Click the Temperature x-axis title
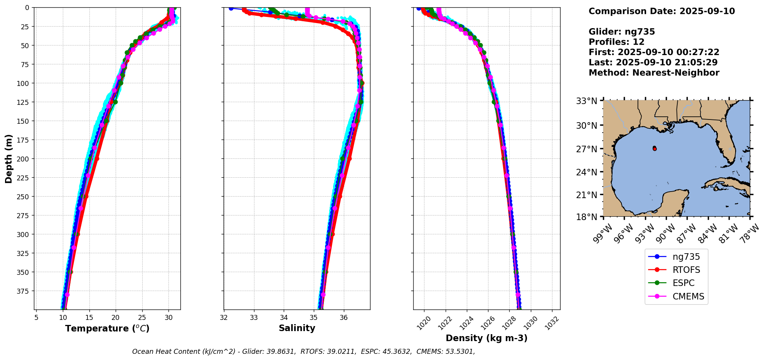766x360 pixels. (x=107, y=328)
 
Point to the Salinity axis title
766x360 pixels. (x=297, y=328)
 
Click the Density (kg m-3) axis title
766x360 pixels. (x=487, y=338)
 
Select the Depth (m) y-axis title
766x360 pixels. (x=8, y=158)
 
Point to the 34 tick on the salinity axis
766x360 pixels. (x=284, y=318)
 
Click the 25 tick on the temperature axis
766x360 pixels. (x=142, y=318)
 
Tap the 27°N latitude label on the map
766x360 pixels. (x=586, y=149)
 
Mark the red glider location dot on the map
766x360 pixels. (x=655, y=149)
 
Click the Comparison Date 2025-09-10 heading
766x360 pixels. (x=662, y=11)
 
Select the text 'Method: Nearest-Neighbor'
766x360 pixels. (x=654, y=73)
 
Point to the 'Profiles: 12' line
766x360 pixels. (x=616, y=42)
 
